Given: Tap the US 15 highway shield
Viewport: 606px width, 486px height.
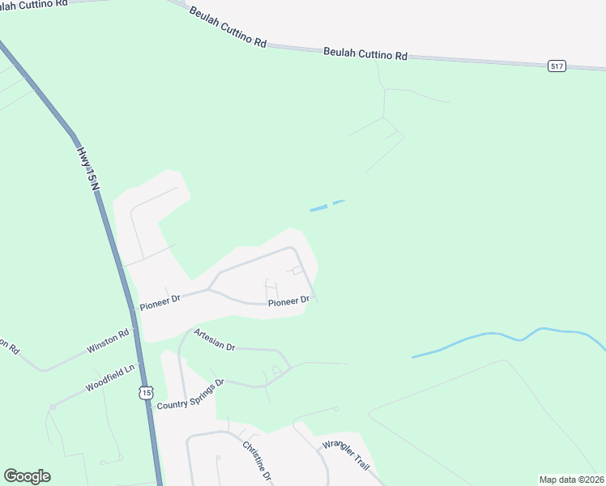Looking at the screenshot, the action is tap(145, 393).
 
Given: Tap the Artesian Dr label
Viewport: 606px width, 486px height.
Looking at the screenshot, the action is tap(214, 340).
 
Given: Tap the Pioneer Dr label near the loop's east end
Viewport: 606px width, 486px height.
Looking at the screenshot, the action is tap(288, 301).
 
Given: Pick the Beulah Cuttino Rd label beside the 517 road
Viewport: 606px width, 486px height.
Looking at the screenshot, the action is tap(365, 53).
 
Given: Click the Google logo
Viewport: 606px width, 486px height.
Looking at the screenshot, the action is tap(27, 476).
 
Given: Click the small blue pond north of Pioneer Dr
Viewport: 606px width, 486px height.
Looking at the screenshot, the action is tap(318, 208).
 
